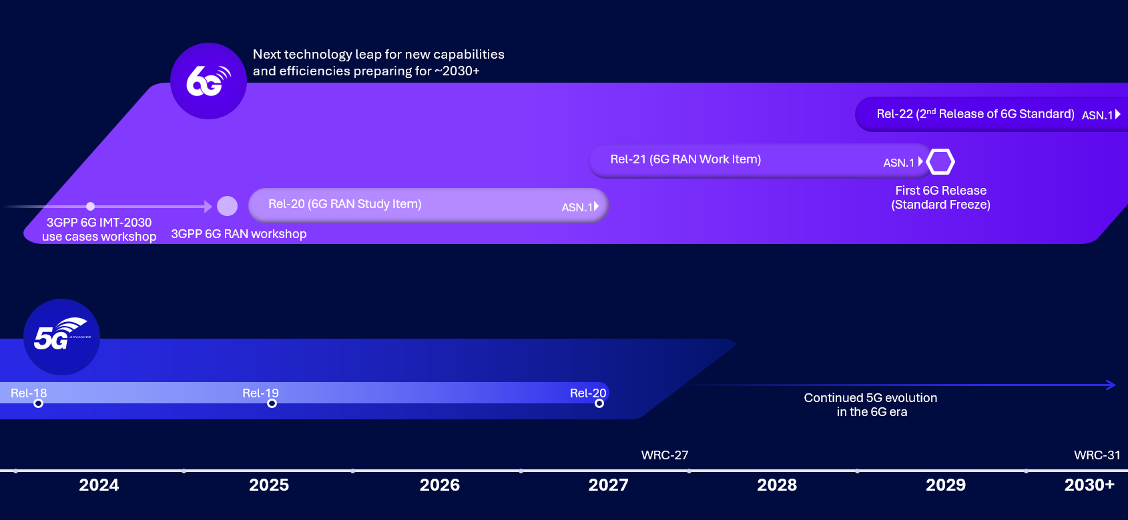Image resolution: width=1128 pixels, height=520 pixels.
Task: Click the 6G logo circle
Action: [208, 81]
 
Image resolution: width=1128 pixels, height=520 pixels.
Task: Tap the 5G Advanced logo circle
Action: [61, 337]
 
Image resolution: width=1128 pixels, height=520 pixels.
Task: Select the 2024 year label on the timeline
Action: [99, 485]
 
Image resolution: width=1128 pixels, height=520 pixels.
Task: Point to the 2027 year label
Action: [608, 485]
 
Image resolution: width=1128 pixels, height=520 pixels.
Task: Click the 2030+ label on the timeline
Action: [1089, 485]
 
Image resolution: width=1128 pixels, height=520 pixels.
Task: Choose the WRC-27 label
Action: [665, 455]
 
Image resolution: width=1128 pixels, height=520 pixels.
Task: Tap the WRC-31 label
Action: [1097, 455]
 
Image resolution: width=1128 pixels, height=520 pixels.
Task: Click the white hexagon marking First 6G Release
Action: [940, 162]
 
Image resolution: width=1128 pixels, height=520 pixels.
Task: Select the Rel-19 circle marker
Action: [272, 403]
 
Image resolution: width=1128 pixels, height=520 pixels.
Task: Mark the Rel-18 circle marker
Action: [38, 403]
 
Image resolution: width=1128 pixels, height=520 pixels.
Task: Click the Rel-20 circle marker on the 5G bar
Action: [599, 403]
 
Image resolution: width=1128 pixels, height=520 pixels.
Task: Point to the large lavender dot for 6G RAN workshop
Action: [227, 206]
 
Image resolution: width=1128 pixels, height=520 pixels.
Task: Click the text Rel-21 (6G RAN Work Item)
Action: [685, 159]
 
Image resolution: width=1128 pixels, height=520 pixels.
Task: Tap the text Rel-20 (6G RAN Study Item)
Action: [345, 204]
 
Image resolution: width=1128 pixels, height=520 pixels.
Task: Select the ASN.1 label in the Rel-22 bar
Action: [1097, 115]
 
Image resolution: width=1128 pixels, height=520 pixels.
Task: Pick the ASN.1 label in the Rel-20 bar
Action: [577, 207]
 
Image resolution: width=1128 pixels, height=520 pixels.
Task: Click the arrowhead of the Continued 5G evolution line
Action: [1111, 385]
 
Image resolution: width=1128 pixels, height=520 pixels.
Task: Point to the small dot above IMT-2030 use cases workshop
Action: [91, 206]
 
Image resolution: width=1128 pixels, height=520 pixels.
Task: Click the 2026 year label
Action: [440, 485]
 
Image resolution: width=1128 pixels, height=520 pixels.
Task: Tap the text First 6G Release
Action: [940, 191]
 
